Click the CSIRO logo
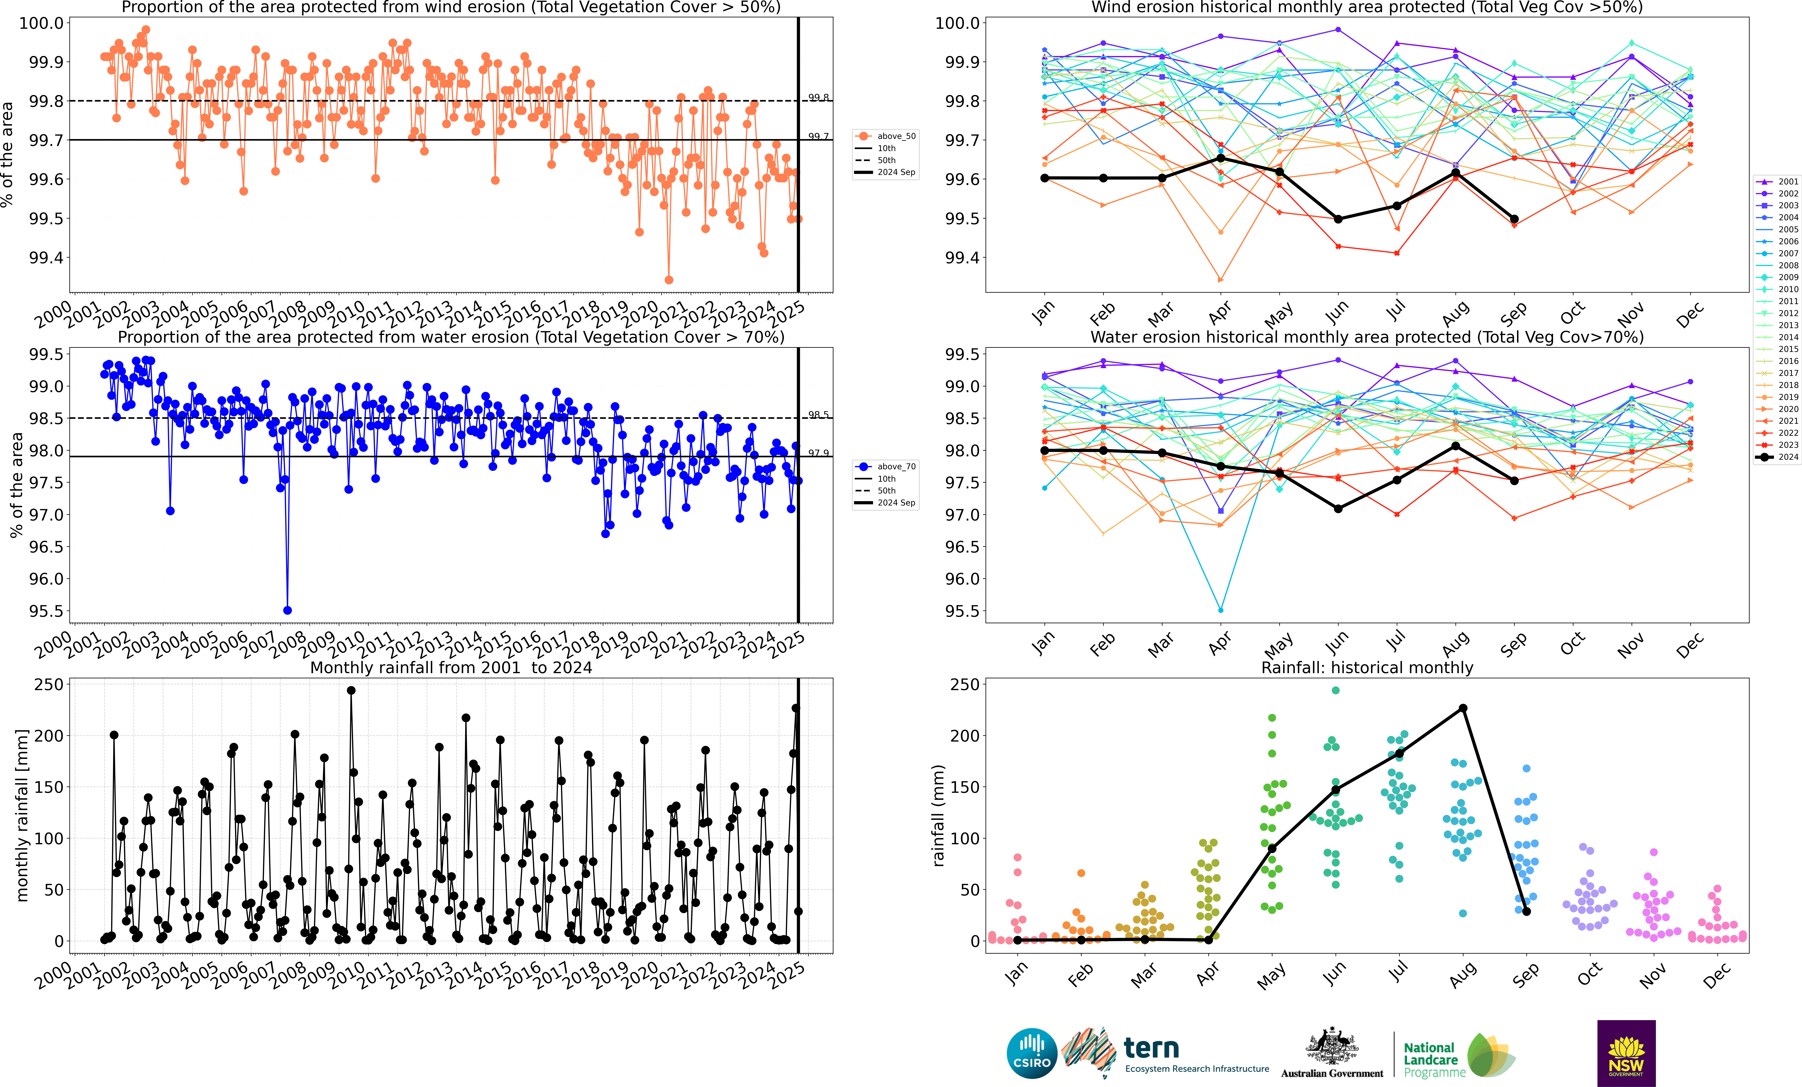pyautogui.click(x=1032, y=1053)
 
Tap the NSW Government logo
pyautogui.click(x=1626, y=1053)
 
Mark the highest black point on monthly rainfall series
pyautogui.click(x=351, y=690)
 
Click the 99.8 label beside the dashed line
pyautogui.click(x=818, y=97)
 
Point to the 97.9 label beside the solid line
pyautogui.click(x=818, y=453)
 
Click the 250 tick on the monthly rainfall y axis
pyautogui.click(x=49, y=684)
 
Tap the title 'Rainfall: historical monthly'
pyautogui.click(x=1367, y=667)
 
